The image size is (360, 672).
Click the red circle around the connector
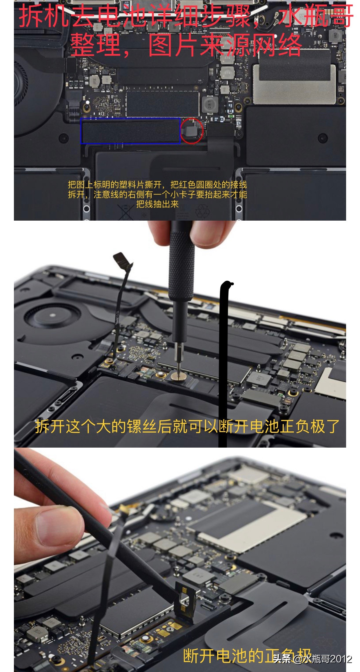point(192,131)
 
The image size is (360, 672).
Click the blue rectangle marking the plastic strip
point(130,131)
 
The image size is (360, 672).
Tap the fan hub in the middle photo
point(52,314)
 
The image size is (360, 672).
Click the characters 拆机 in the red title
point(43,17)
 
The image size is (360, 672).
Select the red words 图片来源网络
point(225,45)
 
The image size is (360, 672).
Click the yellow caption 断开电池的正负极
point(246,656)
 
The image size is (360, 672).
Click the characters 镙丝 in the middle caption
point(141,426)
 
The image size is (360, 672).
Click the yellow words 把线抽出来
point(157,204)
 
